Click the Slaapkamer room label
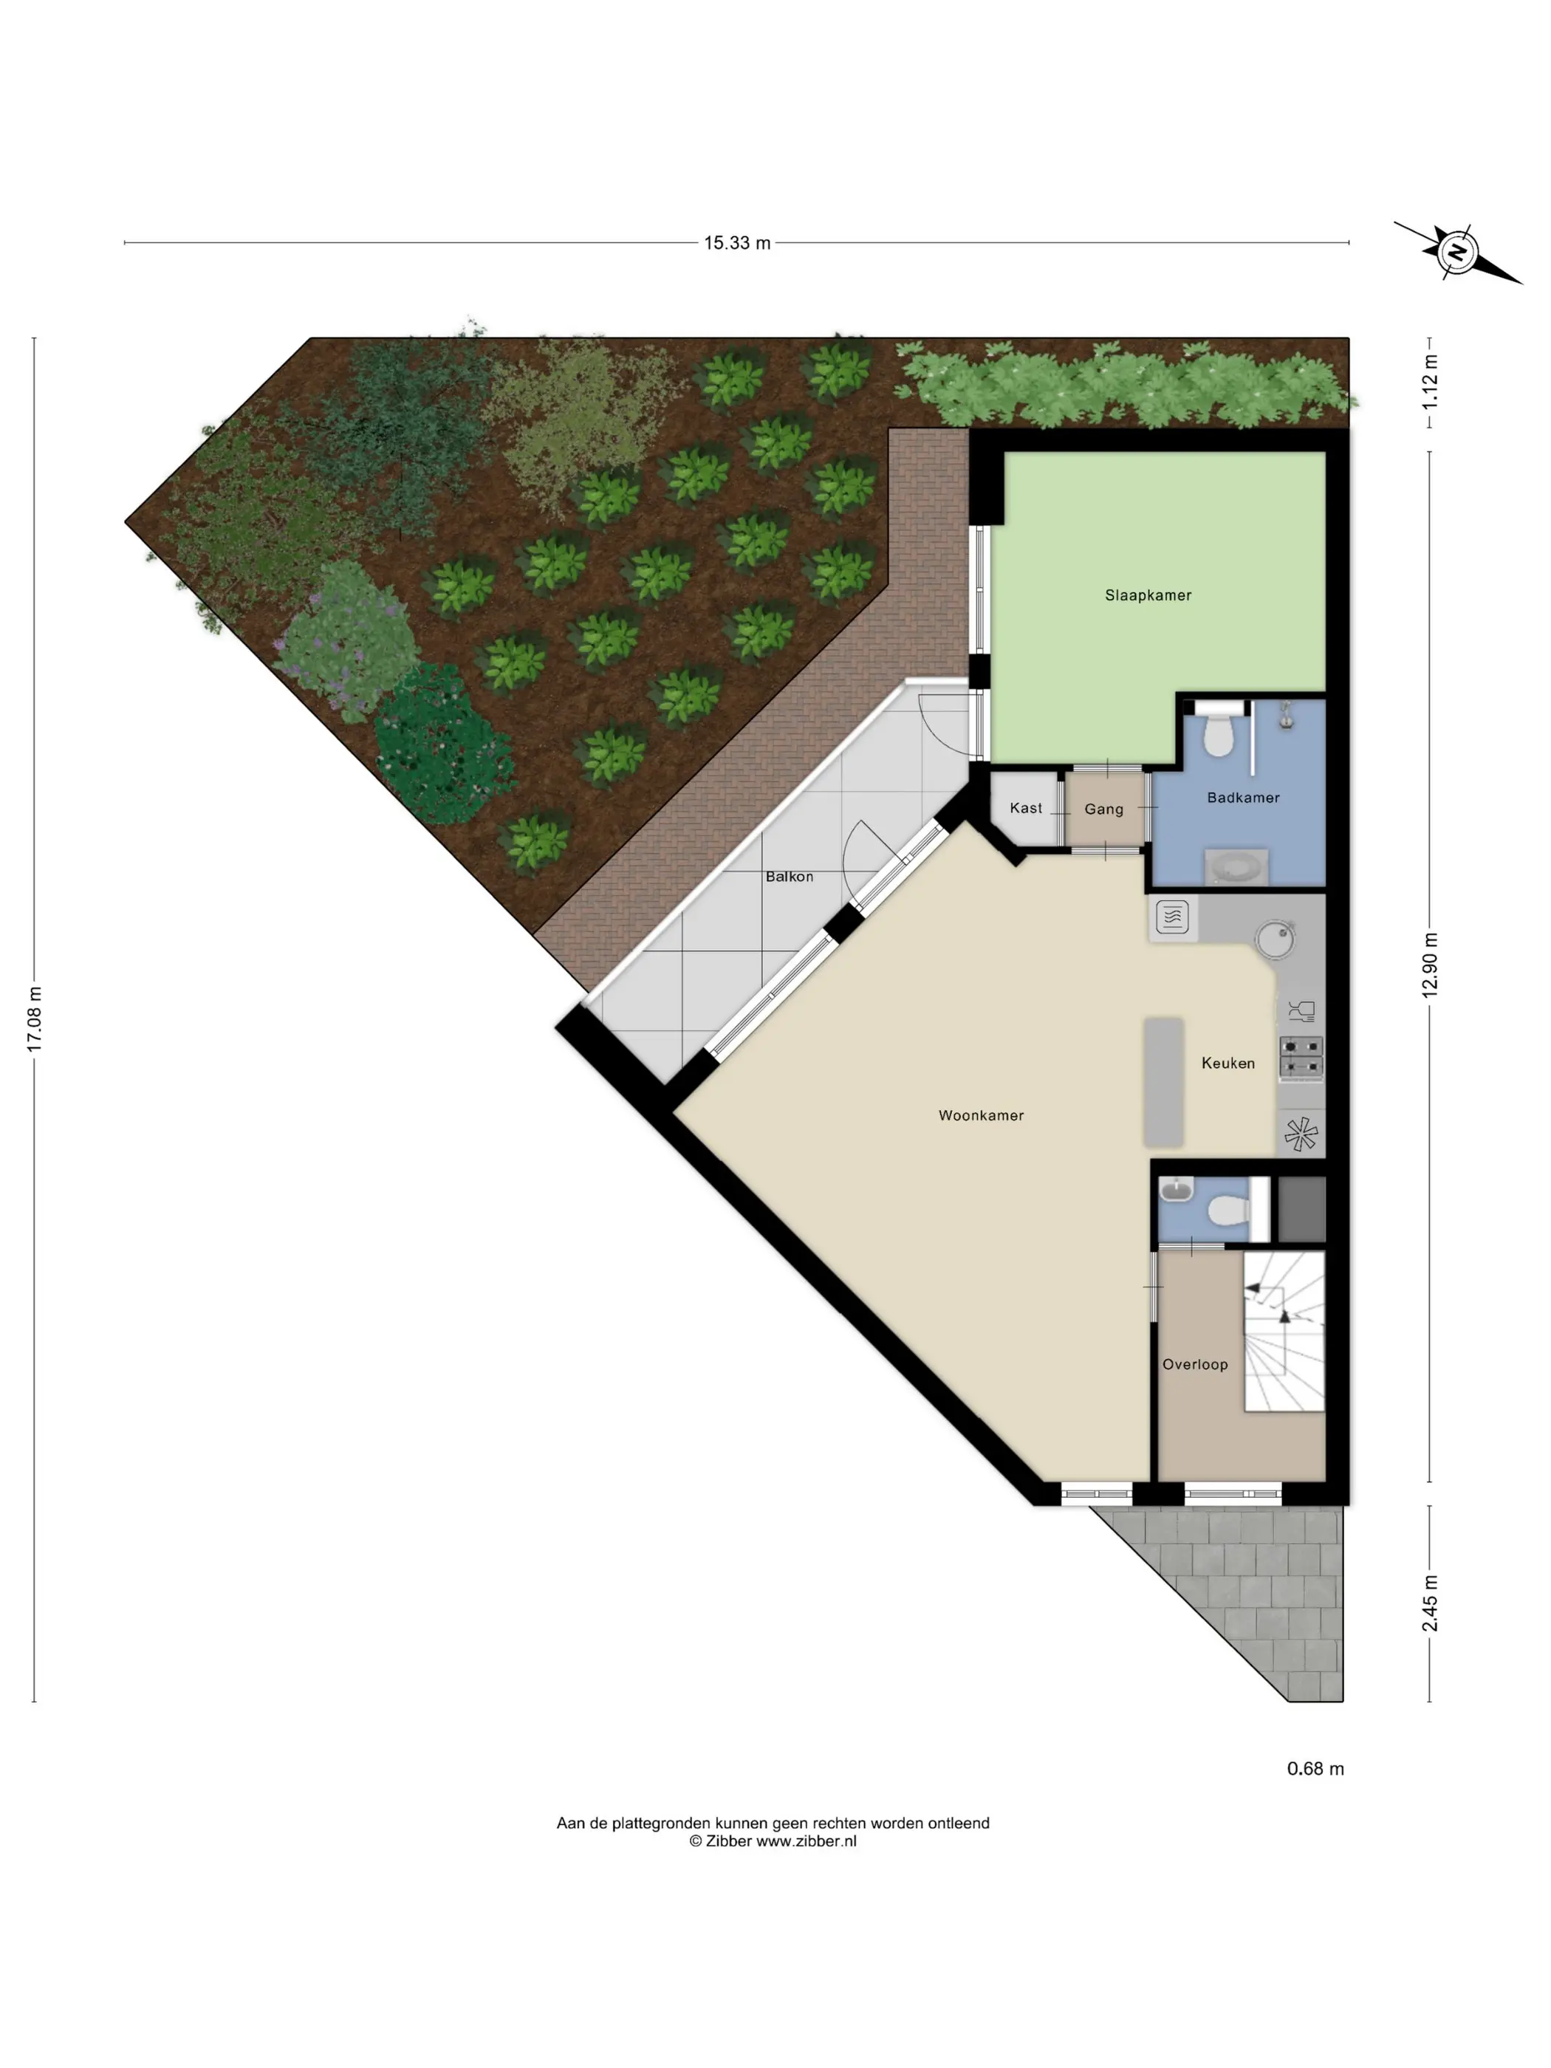(1147, 595)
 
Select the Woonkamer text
(981, 1115)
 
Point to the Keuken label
(1228, 1063)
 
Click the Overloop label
(1195, 1364)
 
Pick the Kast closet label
(1026, 808)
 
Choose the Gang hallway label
(1103, 809)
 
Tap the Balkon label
(789, 876)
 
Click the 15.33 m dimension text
(736, 243)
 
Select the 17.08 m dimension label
(35, 1019)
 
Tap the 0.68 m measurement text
(1315, 1768)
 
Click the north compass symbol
(1456, 253)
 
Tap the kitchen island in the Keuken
(1164, 1082)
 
